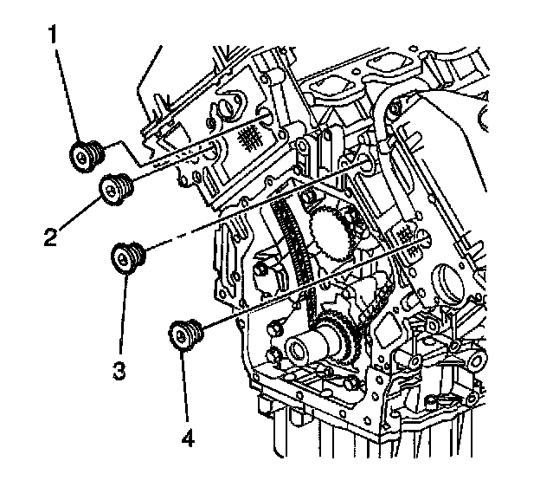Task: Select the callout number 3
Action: pyautogui.click(x=119, y=371)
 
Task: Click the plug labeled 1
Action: pyautogui.click(x=87, y=156)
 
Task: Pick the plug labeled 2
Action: pyautogui.click(x=117, y=187)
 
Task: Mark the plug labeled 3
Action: pyautogui.click(x=129, y=256)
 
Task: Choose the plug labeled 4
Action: pyautogui.click(x=184, y=334)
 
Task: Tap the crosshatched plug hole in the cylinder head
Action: pyautogui.click(x=250, y=134)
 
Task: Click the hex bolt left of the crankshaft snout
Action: pyautogui.click(x=275, y=328)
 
